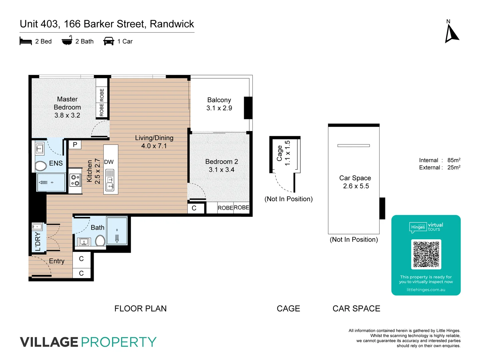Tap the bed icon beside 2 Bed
pyautogui.click(x=26, y=41)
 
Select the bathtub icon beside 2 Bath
pyautogui.click(x=67, y=41)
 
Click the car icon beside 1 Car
pyautogui.click(x=109, y=41)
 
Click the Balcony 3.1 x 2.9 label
pyautogui.click(x=219, y=104)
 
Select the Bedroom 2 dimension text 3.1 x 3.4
pyautogui.click(x=221, y=170)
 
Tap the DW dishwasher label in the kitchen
pyautogui.click(x=109, y=162)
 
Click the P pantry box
pyautogui.click(x=75, y=145)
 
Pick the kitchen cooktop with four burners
pyautogui.click(x=75, y=180)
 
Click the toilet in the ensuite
pyautogui.click(x=41, y=166)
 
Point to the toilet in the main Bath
pyautogui.click(x=100, y=240)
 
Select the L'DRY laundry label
pyautogui.click(x=38, y=242)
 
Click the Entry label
pyautogui.click(x=57, y=261)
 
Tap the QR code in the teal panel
pyautogui.click(x=426, y=254)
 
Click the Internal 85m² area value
pyautogui.click(x=454, y=160)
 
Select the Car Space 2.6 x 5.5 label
pyautogui.click(x=355, y=182)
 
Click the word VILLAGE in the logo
pyautogui.click(x=49, y=342)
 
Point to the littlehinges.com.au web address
pyautogui.click(x=426, y=290)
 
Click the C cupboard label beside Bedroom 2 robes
pyautogui.click(x=194, y=208)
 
